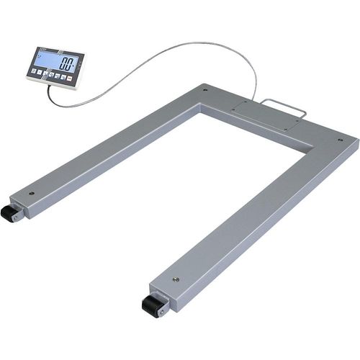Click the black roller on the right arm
tap(153, 305)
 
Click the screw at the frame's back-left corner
tap(206, 91)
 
